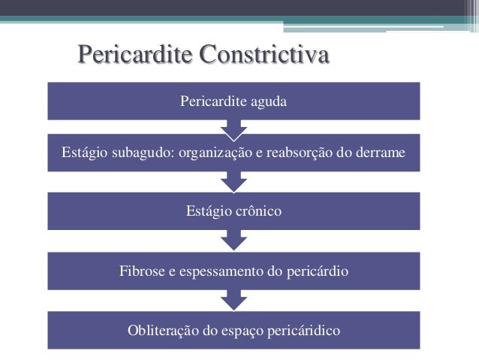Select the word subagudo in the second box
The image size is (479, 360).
point(142,154)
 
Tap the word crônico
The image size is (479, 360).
point(258,212)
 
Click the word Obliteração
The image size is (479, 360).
point(163,329)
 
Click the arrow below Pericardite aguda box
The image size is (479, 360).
point(233,130)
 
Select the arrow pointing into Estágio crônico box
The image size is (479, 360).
point(233,183)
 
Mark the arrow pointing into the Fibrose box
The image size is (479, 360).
point(233,241)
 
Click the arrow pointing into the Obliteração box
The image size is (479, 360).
point(233,300)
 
